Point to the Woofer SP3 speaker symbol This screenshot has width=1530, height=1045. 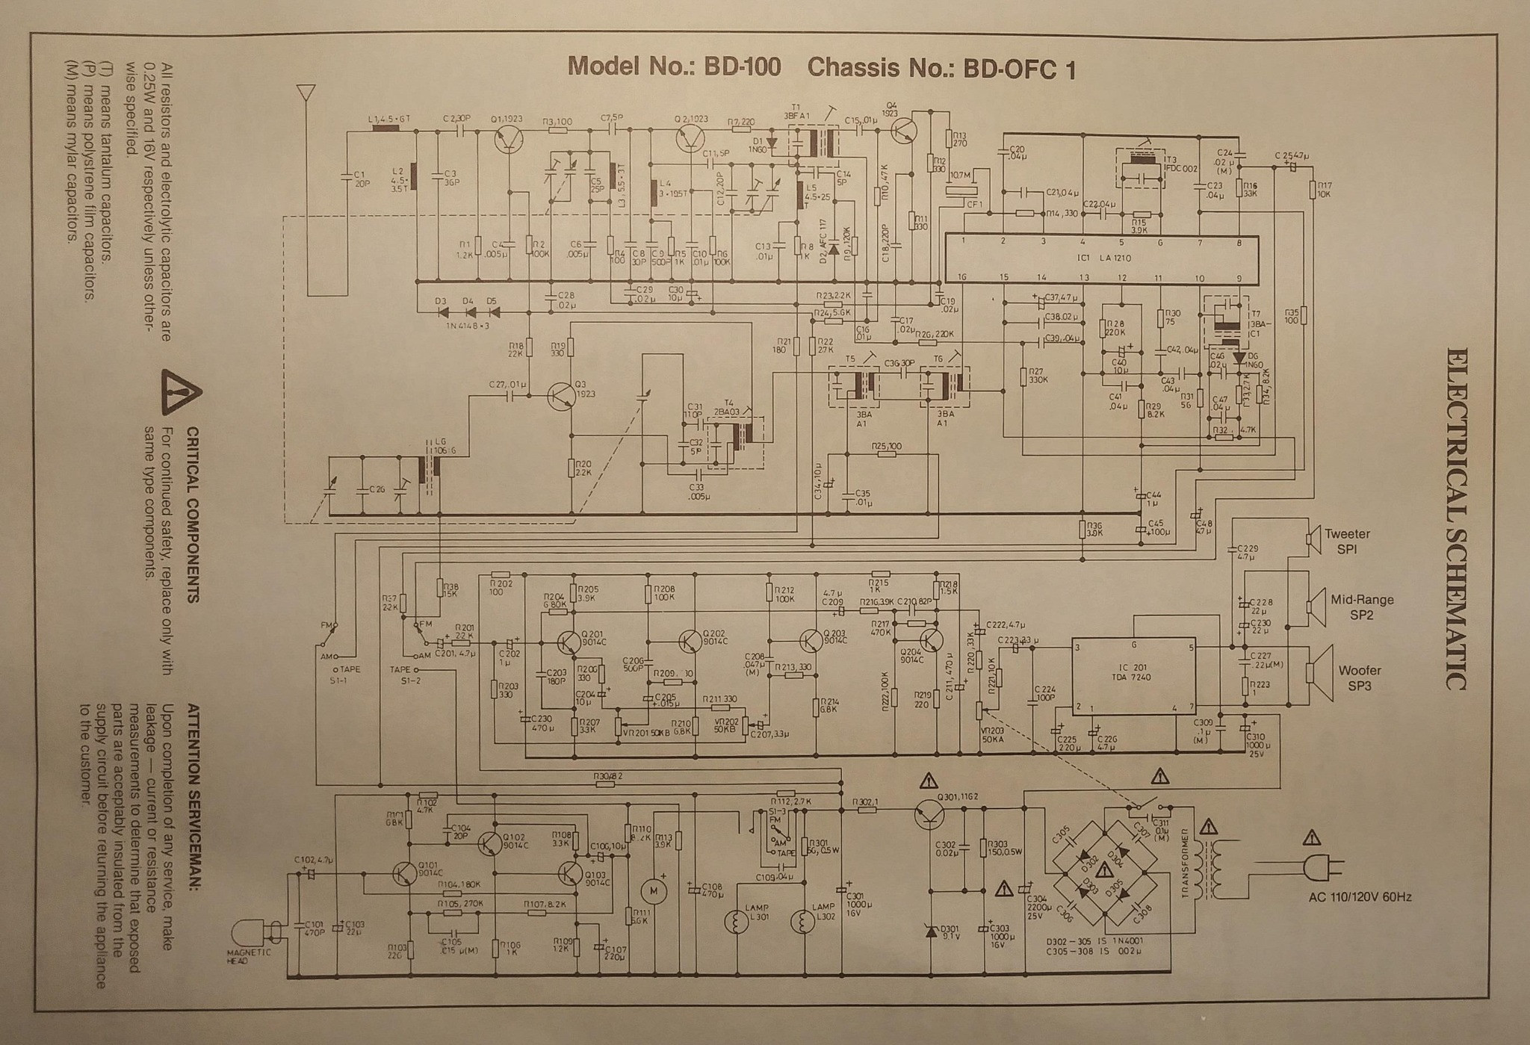click(1317, 672)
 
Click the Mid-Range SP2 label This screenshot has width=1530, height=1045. click(1361, 607)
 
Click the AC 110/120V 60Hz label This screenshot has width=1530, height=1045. click(1360, 897)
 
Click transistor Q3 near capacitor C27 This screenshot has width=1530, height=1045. click(560, 397)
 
